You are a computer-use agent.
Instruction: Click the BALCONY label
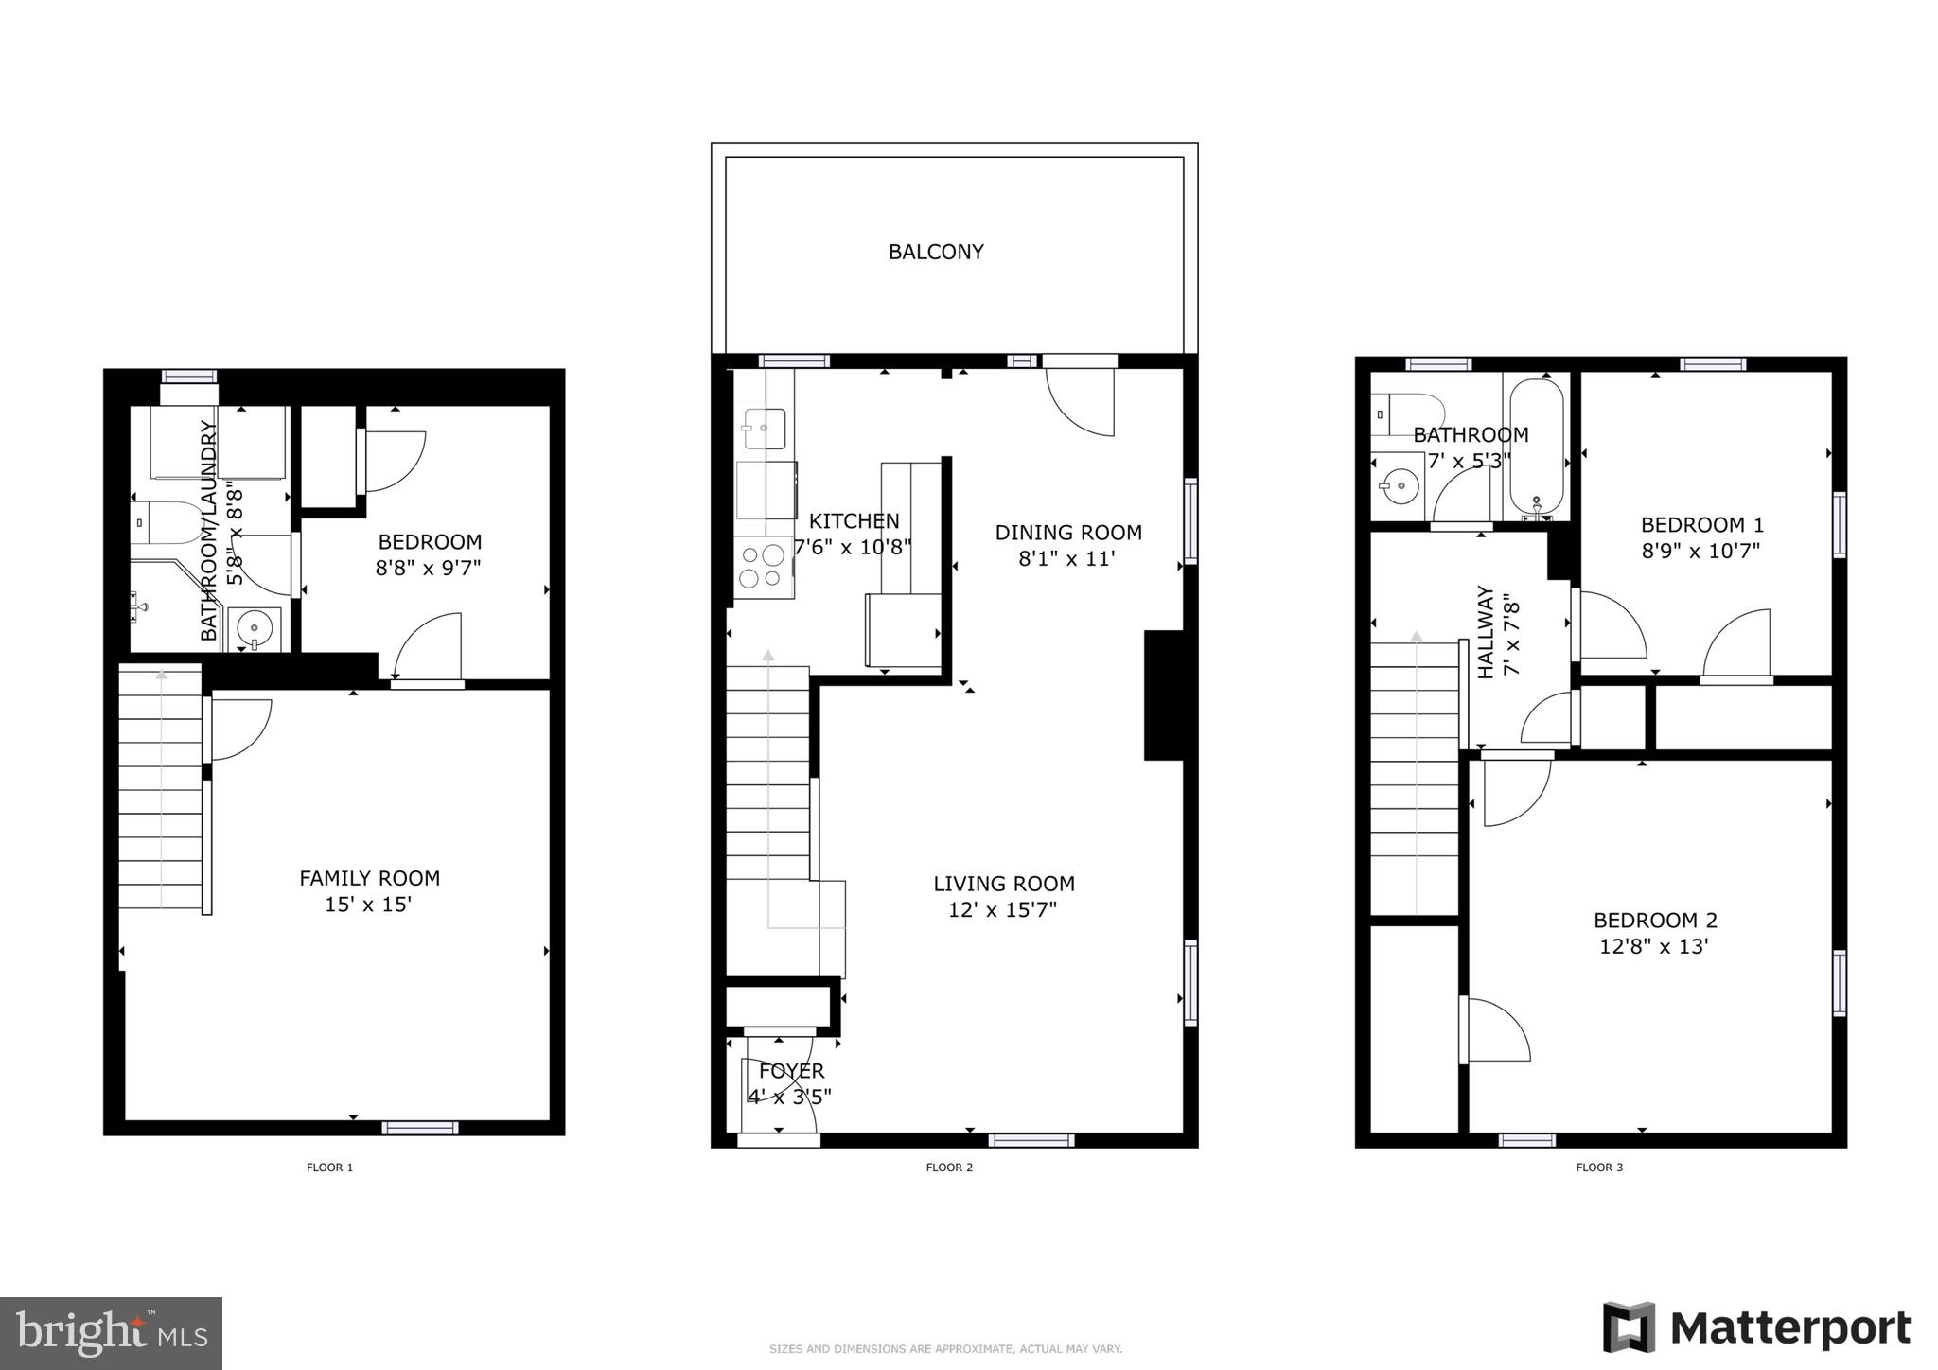936,252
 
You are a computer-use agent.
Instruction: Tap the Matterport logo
1756,1328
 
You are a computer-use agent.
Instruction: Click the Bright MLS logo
111,1333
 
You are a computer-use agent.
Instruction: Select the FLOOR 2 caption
949,1168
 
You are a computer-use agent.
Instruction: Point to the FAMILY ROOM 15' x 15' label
369,890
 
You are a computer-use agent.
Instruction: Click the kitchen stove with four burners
763,567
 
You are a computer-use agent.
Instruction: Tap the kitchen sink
764,429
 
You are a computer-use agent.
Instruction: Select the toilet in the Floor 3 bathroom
1406,413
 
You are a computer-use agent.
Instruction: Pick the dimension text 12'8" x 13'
1653,946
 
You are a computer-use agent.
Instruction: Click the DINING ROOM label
1068,533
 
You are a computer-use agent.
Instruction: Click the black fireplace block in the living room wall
1164,695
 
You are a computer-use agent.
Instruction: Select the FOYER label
791,1071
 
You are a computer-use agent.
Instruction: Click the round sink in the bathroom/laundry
255,627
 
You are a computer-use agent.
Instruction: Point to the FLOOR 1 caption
329,1168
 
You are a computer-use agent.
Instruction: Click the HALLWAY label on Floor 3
1486,632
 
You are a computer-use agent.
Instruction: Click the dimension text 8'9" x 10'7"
1700,551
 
